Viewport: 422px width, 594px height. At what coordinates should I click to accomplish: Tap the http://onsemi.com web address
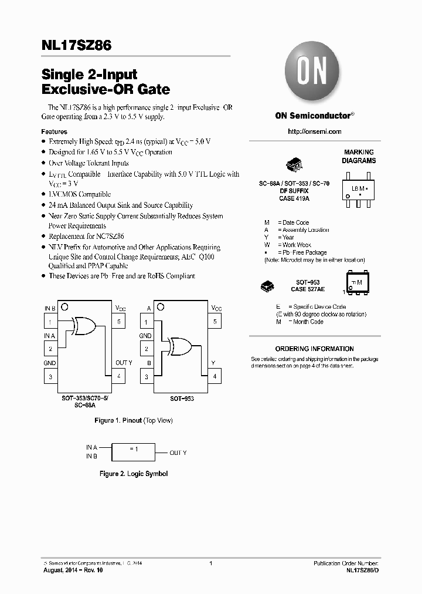click(315, 131)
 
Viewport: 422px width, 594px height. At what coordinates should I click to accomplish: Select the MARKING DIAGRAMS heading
click(359, 156)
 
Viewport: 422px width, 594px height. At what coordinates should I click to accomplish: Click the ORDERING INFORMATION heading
click(315, 349)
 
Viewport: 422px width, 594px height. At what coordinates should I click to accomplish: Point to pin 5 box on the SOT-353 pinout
click(119, 322)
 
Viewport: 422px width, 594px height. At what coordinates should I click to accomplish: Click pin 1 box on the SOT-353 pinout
click(50, 322)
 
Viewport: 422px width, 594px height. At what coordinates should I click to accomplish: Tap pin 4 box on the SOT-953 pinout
click(215, 376)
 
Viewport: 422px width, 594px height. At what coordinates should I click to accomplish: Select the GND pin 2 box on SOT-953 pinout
click(146, 349)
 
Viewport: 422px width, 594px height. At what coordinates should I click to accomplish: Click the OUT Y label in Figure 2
click(178, 453)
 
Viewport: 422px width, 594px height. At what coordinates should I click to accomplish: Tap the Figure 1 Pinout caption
click(134, 420)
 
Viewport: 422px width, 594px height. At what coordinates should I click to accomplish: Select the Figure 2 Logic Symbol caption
click(134, 474)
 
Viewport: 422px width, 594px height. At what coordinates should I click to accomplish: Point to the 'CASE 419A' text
click(294, 199)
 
